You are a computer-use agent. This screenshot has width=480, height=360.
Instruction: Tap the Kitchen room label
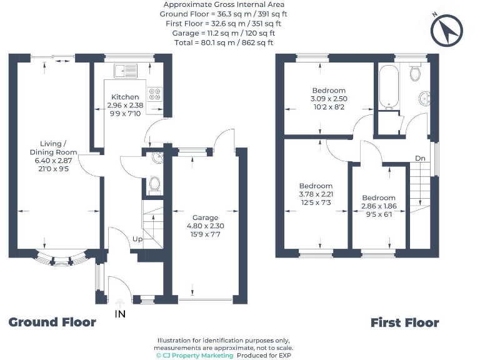tap(125, 97)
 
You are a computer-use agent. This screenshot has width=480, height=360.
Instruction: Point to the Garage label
tap(205, 217)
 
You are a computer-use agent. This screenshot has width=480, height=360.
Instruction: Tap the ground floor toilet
tap(154, 184)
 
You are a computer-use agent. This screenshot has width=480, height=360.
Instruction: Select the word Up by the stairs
tap(136, 239)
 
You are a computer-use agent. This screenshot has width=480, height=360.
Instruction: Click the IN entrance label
tap(120, 314)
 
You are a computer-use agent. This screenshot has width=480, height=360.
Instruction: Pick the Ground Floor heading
tap(52, 322)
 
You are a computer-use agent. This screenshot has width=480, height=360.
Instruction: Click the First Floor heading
tap(404, 322)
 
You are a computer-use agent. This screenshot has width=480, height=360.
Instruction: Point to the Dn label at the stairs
tap(420, 158)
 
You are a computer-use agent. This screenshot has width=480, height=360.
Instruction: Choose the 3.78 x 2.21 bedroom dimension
tap(316, 194)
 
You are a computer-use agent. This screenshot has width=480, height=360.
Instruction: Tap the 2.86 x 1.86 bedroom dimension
tap(379, 206)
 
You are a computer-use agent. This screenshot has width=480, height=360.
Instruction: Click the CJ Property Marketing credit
tap(194, 355)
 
